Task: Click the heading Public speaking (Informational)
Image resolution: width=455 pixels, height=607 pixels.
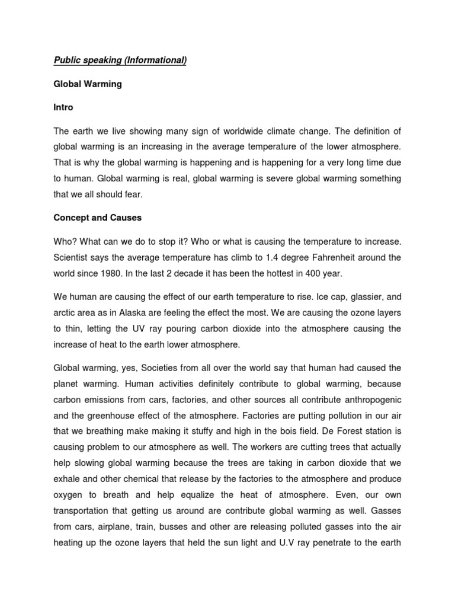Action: click(x=120, y=61)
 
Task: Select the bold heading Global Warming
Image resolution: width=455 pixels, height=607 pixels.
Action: click(x=88, y=84)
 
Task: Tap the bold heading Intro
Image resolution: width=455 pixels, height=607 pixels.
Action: click(x=64, y=108)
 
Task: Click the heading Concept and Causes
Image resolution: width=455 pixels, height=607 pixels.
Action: click(x=98, y=218)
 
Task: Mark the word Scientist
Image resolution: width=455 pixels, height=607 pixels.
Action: click(x=73, y=257)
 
